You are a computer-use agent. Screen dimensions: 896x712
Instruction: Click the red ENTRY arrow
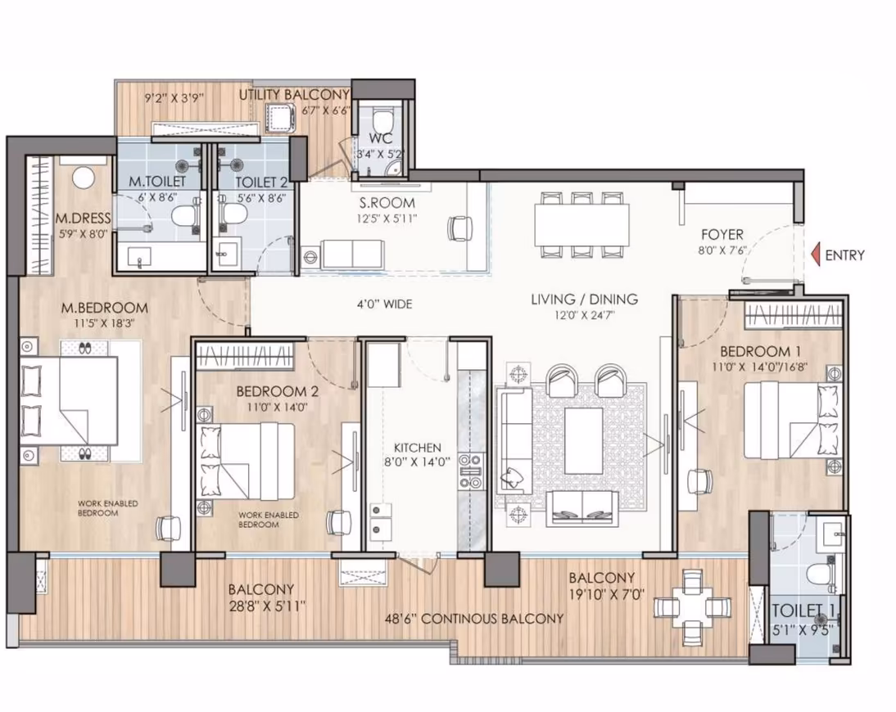point(817,255)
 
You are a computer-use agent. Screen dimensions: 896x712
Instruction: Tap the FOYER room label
point(722,234)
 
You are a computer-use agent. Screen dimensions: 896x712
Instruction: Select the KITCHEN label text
point(417,448)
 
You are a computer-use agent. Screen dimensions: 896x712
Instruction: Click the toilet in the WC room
point(381,121)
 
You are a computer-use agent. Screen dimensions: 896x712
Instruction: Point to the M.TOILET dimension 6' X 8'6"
point(156,198)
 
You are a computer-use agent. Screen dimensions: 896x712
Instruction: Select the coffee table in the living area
point(583,440)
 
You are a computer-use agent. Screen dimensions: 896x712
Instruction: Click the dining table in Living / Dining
point(581,224)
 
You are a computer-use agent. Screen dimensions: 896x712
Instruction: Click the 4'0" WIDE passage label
point(385,304)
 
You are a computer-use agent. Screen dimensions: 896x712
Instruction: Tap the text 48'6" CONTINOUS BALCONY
point(473,619)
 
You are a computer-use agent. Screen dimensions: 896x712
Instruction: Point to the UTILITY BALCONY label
point(294,94)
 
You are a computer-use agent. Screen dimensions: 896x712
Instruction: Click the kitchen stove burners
point(471,472)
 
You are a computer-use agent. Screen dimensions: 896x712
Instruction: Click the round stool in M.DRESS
point(84,178)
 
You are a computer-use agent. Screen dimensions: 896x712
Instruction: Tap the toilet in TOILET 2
point(232,214)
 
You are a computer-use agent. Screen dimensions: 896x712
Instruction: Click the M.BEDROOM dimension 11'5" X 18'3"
point(104,323)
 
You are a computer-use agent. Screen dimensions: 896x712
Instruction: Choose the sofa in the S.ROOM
point(352,254)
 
